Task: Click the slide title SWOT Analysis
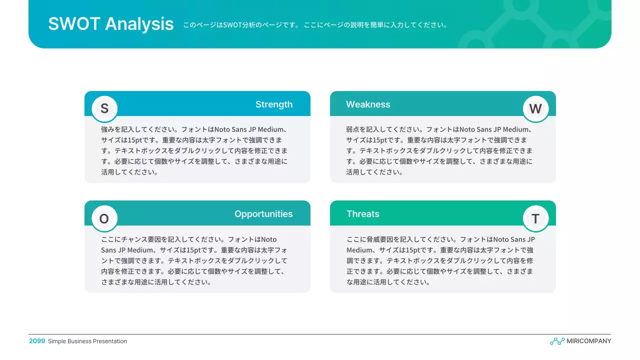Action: (110, 24)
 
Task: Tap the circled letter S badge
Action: (104, 109)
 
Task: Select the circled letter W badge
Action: (535, 109)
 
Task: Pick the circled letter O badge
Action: (104, 218)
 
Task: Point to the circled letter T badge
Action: (535, 218)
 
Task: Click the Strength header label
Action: (274, 104)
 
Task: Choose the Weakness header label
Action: (368, 104)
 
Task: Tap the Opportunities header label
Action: (263, 214)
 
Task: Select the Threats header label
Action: (363, 214)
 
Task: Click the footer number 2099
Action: (37, 341)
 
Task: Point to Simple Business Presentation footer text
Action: (87, 341)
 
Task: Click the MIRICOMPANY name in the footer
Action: (588, 341)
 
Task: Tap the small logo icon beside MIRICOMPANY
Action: (557, 341)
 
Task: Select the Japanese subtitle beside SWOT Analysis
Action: (315, 25)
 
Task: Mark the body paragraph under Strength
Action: (194, 150)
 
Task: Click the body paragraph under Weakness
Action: (439, 150)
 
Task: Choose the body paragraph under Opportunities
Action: (194, 260)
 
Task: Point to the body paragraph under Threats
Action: (440, 260)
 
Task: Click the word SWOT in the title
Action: (74, 24)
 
